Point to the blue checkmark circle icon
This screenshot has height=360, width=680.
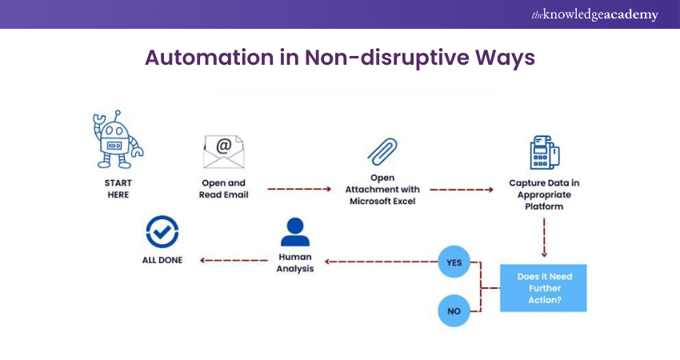[162, 232]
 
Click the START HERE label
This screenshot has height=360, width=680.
[118, 188]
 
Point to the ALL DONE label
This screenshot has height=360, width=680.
[162, 260]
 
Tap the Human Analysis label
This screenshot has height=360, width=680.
[294, 263]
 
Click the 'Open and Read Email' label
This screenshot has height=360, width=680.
[224, 188]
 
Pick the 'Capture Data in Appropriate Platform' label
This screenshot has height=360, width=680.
[544, 194]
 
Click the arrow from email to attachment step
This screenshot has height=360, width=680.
[298, 190]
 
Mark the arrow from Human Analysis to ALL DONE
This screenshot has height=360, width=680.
[233, 260]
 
